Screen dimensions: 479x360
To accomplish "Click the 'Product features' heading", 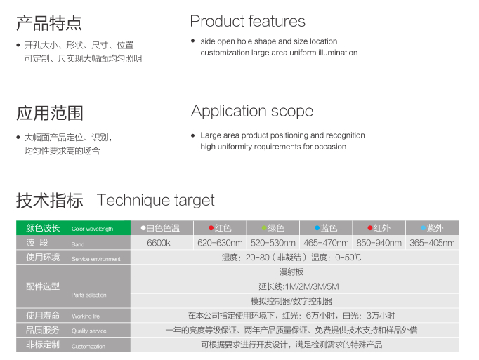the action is (247, 21).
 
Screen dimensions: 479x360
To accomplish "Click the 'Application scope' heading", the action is (252, 111).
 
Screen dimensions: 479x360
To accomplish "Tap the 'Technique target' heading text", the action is (155, 201).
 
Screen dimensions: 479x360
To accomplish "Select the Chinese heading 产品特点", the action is (49, 23).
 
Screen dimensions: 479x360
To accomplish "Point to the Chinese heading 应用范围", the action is (49, 113).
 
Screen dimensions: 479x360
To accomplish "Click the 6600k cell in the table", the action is (159, 243).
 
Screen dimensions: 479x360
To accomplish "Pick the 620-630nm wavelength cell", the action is (220, 243).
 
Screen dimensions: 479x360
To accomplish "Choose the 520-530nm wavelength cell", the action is (273, 243).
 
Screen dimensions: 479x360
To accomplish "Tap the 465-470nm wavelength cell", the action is (326, 243).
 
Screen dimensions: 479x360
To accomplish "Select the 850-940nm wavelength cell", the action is (379, 243).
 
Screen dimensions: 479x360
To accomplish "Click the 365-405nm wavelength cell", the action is (432, 243).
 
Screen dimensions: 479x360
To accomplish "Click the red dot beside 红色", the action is (211, 228).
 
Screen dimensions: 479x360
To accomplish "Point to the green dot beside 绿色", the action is (264, 228).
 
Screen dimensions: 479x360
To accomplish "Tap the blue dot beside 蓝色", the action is (317, 228).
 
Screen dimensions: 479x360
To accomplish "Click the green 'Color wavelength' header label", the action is (92, 229).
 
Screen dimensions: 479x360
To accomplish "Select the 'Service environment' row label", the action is (96, 259).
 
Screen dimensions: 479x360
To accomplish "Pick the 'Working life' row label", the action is (86, 316).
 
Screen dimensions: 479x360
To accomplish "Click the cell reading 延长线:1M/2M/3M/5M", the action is (298, 286).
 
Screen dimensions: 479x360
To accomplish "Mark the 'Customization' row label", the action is (88, 346).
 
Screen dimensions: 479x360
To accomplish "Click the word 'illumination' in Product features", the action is (338, 53).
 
